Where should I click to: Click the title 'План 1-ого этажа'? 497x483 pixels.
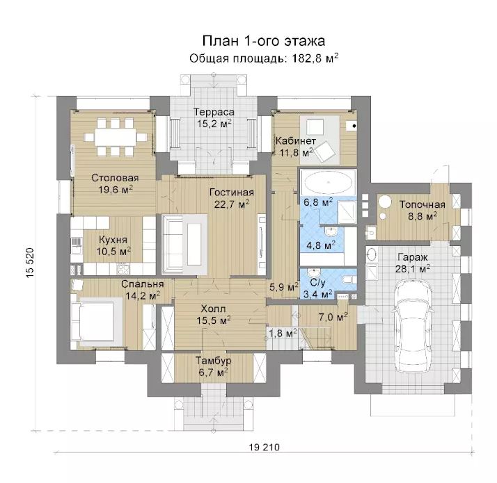tap(263, 41)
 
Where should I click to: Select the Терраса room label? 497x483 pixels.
tap(214, 112)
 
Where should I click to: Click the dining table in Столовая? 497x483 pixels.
tap(115, 137)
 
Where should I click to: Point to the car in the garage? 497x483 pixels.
tap(412, 326)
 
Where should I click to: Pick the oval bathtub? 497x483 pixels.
tap(328, 182)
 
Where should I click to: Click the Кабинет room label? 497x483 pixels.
tap(295, 141)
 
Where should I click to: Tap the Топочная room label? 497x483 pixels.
tap(423, 204)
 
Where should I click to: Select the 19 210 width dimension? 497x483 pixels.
tap(265, 448)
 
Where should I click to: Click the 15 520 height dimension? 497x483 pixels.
tap(30, 263)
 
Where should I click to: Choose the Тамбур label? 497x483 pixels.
tap(213, 361)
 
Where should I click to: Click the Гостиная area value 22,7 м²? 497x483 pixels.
tap(232, 204)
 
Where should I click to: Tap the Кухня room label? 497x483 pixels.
tap(113, 240)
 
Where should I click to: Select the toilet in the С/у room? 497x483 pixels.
tap(348, 280)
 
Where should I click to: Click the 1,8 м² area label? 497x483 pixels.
tap(283, 333)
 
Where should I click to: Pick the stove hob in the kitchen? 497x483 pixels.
tap(123, 270)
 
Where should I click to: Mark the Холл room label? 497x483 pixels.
tap(213, 309)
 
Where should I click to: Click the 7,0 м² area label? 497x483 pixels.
tap(333, 317)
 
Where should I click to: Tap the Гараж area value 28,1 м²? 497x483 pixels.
tap(413, 269)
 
